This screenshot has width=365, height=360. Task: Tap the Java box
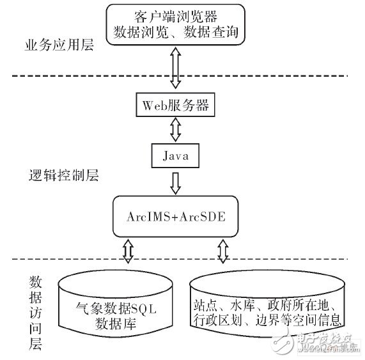[x=173, y=155]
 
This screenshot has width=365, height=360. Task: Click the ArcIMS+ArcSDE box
[x=173, y=214]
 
